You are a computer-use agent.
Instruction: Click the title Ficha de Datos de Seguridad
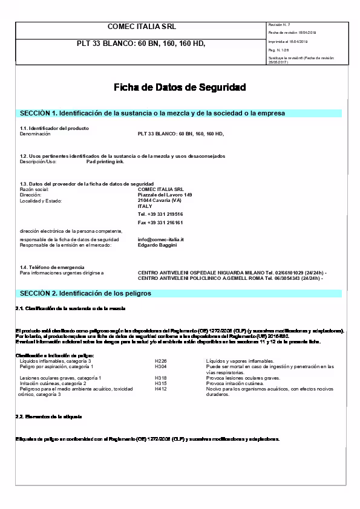point(180,88)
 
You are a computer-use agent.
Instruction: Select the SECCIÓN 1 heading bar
point(180,113)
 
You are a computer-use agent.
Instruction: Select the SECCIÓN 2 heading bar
point(180,293)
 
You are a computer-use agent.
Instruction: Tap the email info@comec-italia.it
point(160,239)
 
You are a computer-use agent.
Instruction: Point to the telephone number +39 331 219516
point(160,214)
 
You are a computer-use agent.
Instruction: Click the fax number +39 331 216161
point(160,222)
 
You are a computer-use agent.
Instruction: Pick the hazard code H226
point(160,361)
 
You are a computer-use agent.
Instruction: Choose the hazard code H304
point(160,366)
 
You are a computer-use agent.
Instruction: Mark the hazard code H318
point(160,378)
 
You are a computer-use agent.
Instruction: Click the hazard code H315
point(160,383)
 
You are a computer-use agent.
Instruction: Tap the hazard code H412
point(160,389)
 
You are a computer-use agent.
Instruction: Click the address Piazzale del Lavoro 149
point(165,195)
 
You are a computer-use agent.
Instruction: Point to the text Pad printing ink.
point(105,162)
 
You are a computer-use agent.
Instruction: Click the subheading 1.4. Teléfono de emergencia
point(52,267)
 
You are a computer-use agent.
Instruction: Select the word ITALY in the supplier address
point(145,206)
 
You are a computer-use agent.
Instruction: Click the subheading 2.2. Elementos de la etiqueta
point(48,417)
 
